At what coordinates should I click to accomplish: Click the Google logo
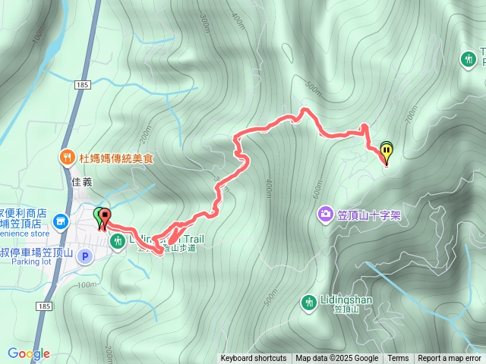pyautogui.click(x=29, y=353)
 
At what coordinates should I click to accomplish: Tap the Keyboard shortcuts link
pyautogui.click(x=254, y=359)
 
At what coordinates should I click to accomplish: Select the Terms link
pyautogui.click(x=398, y=359)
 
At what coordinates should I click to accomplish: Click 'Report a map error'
pyautogui.click(x=450, y=359)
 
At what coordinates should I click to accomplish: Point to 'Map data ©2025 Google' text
pyautogui.click(x=337, y=359)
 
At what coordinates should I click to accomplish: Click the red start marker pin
pyautogui.click(x=104, y=217)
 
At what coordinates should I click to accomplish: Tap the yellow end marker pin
pyautogui.click(x=387, y=152)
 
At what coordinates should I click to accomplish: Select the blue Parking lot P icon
pyautogui.click(x=86, y=256)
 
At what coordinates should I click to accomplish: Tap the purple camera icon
pyautogui.click(x=325, y=215)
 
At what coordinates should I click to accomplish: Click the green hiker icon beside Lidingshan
pyautogui.click(x=308, y=302)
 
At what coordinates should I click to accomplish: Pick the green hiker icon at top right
pyautogui.click(x=469, y=58)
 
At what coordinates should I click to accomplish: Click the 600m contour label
pyautogui.click(x=317, y=185)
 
